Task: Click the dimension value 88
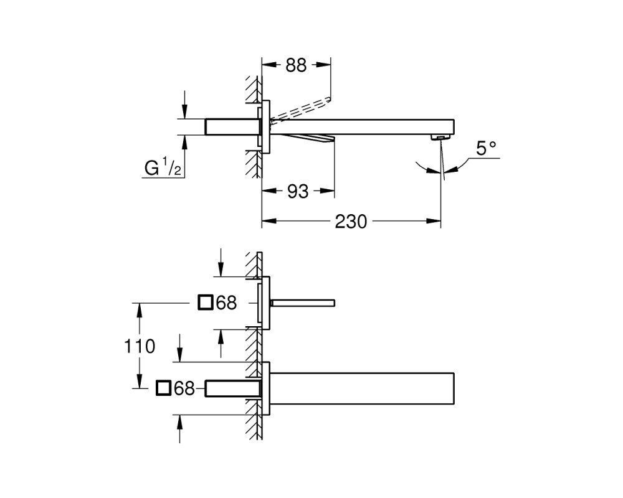tap(296, 65)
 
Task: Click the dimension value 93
tap(298, 191)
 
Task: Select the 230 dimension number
tap(351, 222)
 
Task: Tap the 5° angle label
tap(487, 148)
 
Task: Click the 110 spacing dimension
tap(140, 346)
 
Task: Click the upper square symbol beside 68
tap(206, 303)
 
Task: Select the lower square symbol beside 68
tap(164, 388)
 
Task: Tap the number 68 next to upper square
tap(226, 303)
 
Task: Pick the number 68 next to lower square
tap(184, 388)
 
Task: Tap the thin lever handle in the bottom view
tap(303, 303)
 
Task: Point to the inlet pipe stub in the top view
tap(232, 127)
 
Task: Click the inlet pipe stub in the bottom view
tap(232, 388)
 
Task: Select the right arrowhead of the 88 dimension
tap(323, 65)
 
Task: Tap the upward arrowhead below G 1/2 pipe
tap(184, 141)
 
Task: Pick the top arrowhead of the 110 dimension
tap(139, 310)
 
